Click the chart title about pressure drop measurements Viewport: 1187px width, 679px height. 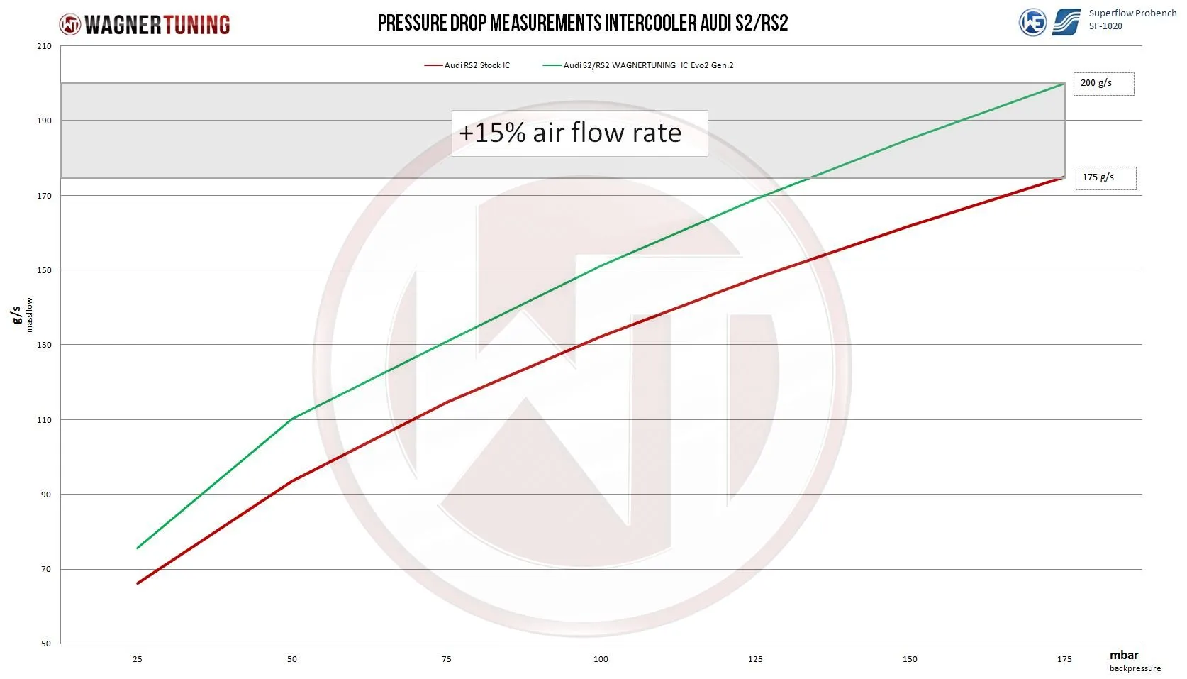click(582, 23)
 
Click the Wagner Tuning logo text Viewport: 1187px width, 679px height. click(157, 25)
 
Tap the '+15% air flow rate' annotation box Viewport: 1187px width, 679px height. click(579, 133)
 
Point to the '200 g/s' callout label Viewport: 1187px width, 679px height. click(1103, 84)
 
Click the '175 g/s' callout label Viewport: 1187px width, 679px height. click(1105, 178)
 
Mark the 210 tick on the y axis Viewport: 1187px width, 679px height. click(45, 47)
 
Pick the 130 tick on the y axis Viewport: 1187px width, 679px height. click(45, 346)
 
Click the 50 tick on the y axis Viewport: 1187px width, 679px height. click(46, 644)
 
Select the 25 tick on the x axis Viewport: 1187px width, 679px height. click(138, 660)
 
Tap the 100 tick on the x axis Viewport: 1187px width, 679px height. click(601, 660)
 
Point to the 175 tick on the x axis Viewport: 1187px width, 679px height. click(1064, 660)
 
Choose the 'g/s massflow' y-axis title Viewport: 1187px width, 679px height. click(21, 314)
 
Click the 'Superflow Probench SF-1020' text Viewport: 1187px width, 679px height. click(1132, 19)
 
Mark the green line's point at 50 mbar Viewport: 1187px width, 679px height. click(292, 419)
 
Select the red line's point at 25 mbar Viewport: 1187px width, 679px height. click(138, 583)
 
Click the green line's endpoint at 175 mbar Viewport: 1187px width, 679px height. click(1064, 84)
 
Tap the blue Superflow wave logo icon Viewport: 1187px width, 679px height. click(1066, 22)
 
